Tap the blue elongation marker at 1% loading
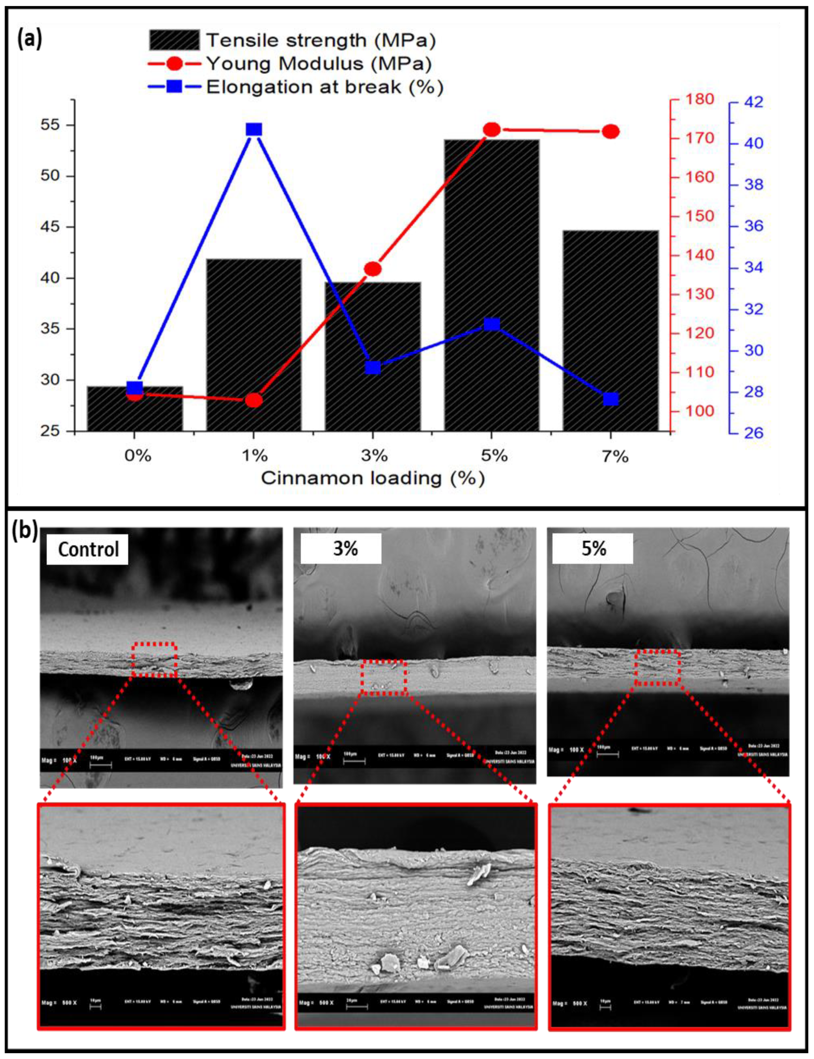point(254,129)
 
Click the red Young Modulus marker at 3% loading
point(373,269)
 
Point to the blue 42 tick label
point(753,102)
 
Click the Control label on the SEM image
point(88,549)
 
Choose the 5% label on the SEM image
point(593,548)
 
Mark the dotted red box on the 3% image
point(384,677)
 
